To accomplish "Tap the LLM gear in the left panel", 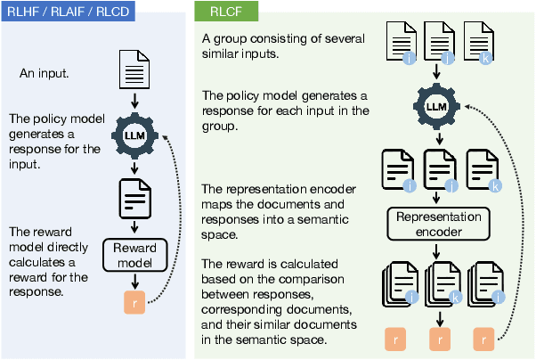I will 132,135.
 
